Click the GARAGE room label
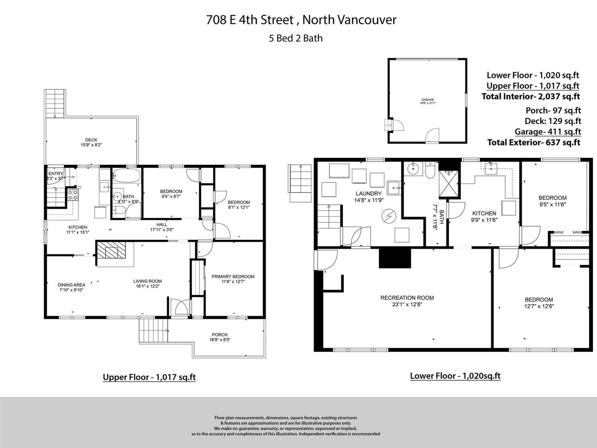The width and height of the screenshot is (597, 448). coord(428,100)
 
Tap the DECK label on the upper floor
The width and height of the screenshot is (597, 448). coord(91,140)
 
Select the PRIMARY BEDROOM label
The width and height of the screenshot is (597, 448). coord(233,277)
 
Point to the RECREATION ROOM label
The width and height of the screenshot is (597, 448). coord(407,298)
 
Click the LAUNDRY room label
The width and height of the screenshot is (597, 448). coord(368,194)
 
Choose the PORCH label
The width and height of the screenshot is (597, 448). coord(220,335)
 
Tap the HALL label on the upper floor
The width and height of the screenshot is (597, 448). coord(162,224)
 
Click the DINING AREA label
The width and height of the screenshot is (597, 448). coord(71,285)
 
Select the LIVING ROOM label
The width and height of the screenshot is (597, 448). coord(147,281)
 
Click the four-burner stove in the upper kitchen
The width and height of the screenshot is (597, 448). coord(73,195)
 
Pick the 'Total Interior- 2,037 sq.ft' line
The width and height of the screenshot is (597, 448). coord(531,96)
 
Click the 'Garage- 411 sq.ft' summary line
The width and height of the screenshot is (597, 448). coord(548,132)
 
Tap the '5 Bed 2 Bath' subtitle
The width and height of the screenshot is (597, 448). coord(296,38)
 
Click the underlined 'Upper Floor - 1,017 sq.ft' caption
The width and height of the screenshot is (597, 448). coord(149,377)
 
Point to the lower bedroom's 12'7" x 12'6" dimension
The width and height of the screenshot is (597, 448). coord(539,306)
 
